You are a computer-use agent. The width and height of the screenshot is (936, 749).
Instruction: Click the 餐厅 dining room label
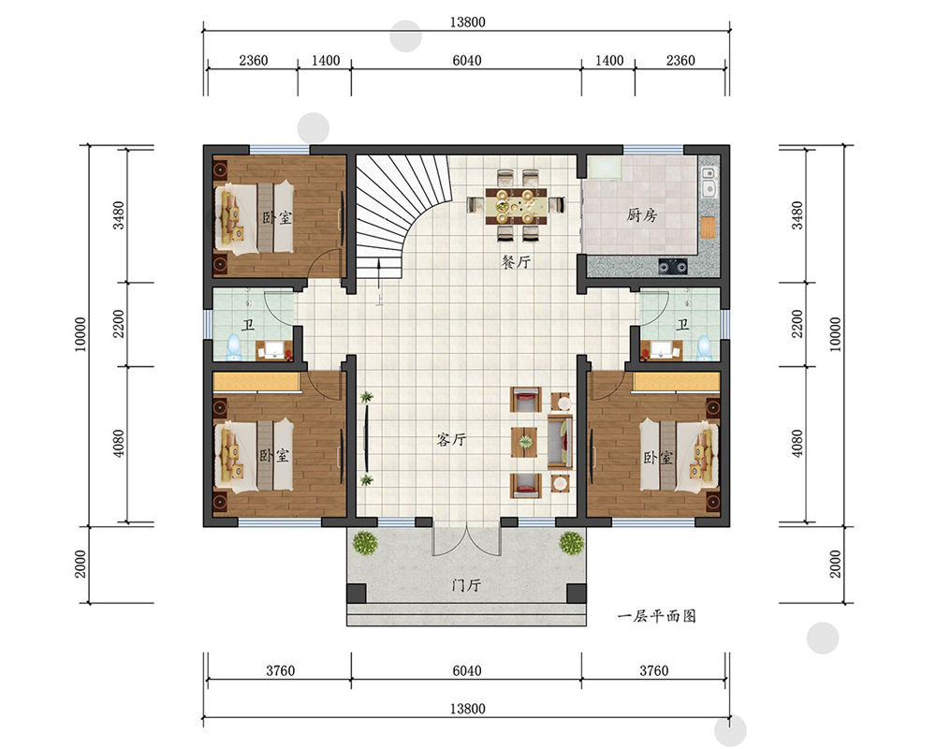coord(516,261)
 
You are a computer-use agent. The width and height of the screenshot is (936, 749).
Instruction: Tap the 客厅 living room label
coord(451,440)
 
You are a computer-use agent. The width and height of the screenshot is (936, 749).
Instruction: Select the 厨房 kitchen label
coord(642,214)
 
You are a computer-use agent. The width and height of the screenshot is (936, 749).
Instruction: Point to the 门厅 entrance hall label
coord(466,585)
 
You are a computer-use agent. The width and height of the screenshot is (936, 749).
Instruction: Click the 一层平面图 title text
coord(657,616)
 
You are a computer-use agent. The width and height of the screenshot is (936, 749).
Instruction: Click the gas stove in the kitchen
coord(673,266)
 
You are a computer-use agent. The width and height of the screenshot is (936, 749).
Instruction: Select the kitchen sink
coord(709,182)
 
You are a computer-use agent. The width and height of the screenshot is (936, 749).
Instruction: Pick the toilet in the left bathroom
coord(233,347)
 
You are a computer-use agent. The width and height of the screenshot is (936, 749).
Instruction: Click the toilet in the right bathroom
coord(705,347)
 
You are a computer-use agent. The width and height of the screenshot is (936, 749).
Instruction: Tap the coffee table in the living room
coord(525,441)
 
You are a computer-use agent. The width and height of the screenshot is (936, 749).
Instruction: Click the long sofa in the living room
coord(560,441)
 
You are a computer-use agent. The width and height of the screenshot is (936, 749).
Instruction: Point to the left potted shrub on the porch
coord(365,543)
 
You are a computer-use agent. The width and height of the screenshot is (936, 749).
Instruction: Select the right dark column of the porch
coord(576,593)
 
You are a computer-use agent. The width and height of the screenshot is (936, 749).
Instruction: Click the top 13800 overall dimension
coord(467,22)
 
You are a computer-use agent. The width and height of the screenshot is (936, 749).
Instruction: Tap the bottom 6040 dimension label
coord(466,670)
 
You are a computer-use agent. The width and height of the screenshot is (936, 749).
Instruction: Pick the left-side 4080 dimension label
coord(120,444)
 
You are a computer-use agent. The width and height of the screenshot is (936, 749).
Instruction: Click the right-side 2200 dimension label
coord(797,323)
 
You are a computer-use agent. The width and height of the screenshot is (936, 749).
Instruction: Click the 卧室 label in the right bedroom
coord(658,458)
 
